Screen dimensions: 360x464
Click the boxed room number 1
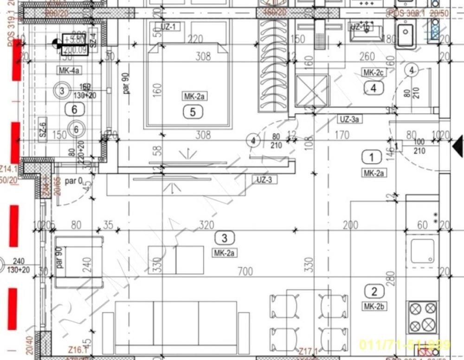pyautogui.click(x=371, y=157)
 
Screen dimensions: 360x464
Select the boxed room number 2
pyautogui.click(x=374, y=291)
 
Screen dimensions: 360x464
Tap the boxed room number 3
pyautogui.click(x=225, y=238)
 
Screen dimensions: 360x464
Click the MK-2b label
pyautogui.click(x=374, y=307)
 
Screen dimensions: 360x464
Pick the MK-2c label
pyautogui.click(x=374, y=72)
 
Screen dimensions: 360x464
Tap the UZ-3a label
pyautogui.click(x=349, y=119)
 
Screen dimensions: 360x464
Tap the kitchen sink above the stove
pyautogui.click(x=422, y=251)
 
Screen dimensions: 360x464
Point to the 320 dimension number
pyautogui.click(x=206, y=225)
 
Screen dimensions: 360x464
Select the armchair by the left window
pyautogui.click(x=79, y=262)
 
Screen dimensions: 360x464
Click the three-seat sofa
pyautogui.click(x=176, y=322)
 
